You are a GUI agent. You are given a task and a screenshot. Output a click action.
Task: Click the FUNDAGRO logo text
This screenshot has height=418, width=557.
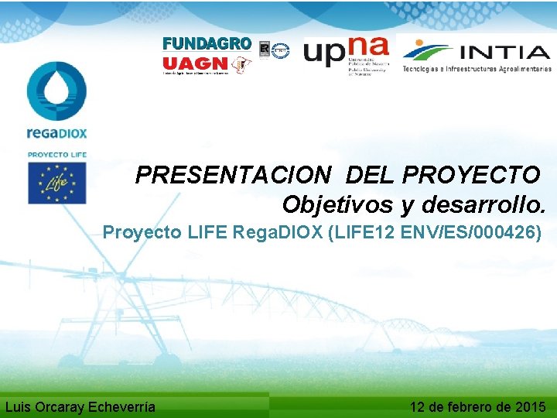(x=207, y=43)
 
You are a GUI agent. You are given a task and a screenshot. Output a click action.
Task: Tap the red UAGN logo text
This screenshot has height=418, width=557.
(x=196, y=62)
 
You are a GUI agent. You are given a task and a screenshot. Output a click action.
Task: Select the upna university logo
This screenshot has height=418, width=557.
(x=345, y=53)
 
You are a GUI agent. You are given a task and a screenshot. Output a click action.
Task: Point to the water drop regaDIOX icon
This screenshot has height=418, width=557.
(x=56, y=91)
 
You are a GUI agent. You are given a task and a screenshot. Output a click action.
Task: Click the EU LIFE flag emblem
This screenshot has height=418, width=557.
(x=56, y=183)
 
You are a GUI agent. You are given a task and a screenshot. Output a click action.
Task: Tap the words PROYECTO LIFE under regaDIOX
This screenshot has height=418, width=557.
(x=56, y=155)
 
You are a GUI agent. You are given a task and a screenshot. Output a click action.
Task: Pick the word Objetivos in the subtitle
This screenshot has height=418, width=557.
(x=337, y=205)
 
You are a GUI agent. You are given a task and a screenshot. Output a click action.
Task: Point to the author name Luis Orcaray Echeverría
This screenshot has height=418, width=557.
(x=80, y=407)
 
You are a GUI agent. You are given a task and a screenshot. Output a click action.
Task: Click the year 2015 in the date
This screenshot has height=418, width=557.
(x=530, y=407)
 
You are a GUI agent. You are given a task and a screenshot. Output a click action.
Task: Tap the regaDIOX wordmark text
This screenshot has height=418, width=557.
(x=56, y=132)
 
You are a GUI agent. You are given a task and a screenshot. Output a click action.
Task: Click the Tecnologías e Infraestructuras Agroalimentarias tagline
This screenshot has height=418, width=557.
(x=477, y=68)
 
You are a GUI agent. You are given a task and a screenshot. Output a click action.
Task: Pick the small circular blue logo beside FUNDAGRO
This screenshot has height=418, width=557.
(x=280, y=51)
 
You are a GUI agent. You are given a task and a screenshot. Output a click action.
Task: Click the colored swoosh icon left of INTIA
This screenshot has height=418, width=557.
(x=429, y=50)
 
